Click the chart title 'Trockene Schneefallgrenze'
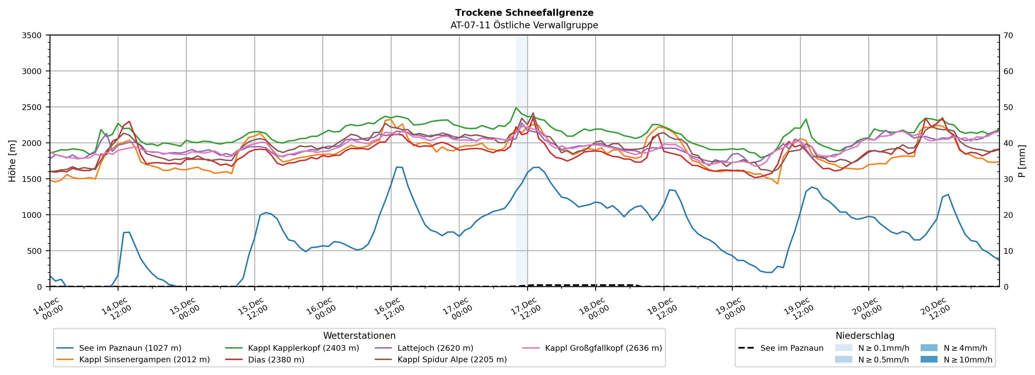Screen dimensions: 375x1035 click(x=524, y=13)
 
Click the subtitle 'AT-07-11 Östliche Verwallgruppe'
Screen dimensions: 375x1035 click(x=524, y=25)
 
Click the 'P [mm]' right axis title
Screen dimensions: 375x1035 click(x=1022, y=161)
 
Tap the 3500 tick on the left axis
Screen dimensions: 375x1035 click(x=32, y=35)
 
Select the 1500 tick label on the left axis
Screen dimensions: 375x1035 click(x=32, y=179)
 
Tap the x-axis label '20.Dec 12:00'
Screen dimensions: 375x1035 click(x=935, y=309)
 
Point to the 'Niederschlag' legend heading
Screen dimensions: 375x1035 click(x=865, y=336)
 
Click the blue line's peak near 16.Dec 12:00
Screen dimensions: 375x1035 click(x=397, y=167)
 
